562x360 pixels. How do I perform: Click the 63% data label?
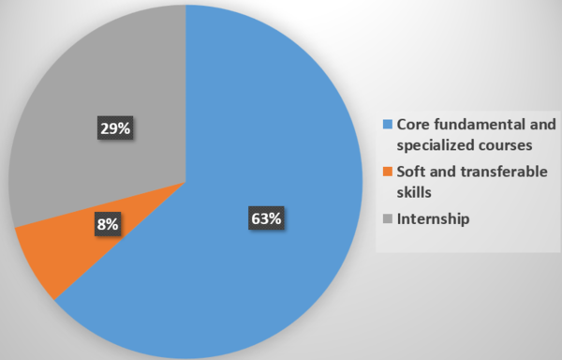266,218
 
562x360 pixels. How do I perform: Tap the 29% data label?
115,127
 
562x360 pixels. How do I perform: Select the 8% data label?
108,224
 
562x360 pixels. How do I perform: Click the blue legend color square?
388,124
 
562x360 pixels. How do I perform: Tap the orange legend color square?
388,172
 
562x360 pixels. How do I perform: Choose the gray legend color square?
388,218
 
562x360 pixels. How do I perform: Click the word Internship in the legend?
433,218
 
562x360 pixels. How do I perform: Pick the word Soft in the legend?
411,172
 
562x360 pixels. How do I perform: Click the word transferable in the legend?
504,172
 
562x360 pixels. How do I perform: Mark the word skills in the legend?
414,192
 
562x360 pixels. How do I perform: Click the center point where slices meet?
185,182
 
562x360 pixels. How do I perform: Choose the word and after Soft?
443,172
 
